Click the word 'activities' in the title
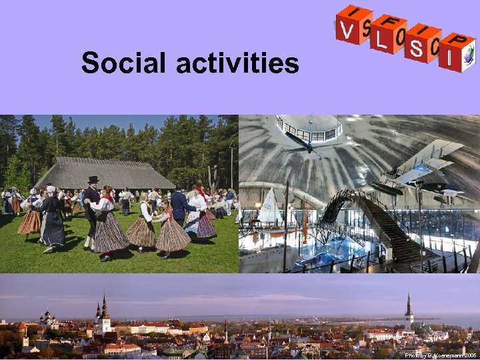pos(238,63)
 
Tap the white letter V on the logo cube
pos(347,30)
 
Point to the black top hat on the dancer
pos(93,180)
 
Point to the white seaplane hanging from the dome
pos(420,167)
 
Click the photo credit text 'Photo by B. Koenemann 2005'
pos(441,355)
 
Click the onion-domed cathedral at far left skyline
pos(48,318)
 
